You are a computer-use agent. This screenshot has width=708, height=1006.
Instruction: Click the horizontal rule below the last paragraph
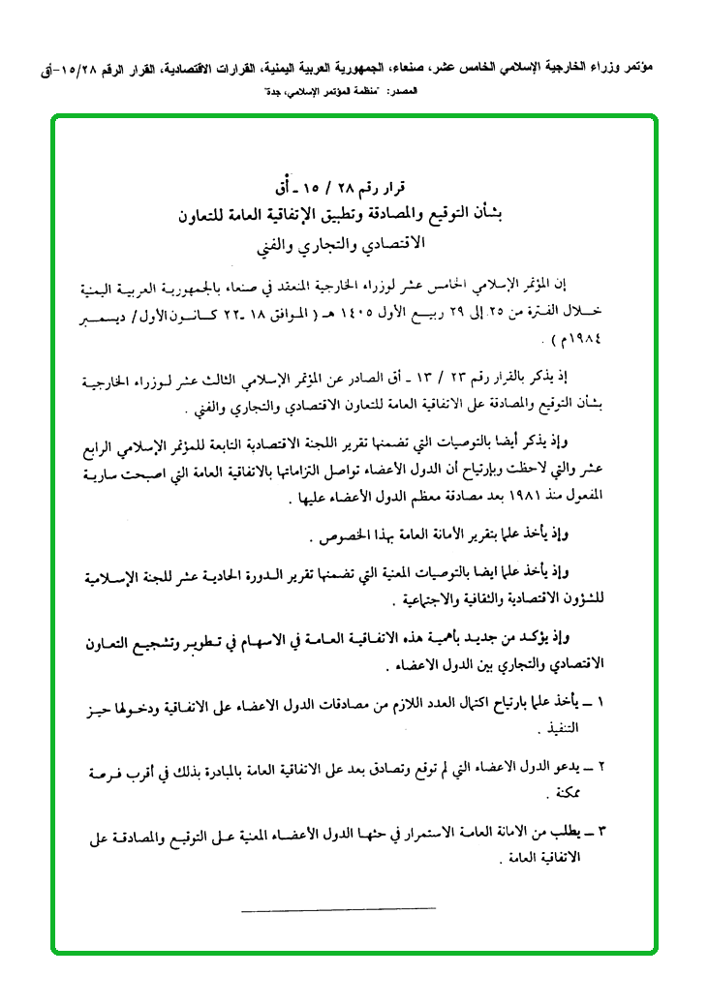[338, 908]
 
